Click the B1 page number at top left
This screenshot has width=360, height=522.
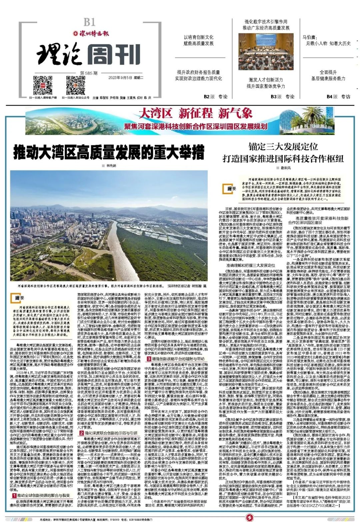pyautogui.click(x=89, y=22)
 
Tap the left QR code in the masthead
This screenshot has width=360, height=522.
pyautogui.click(x=42, y=85)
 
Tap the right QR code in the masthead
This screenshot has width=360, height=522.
pyautogui.click(x=75, y=85)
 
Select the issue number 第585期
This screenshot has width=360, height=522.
pyautogui.click(x=89, y=73)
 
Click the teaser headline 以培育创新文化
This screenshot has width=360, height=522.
pyautogui.click(x=198, y=37)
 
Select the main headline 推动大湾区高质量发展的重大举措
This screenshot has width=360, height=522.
pyautogui.click(x=109, y=153)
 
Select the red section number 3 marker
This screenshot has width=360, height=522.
pyautogui.click(x=149, y=350)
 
